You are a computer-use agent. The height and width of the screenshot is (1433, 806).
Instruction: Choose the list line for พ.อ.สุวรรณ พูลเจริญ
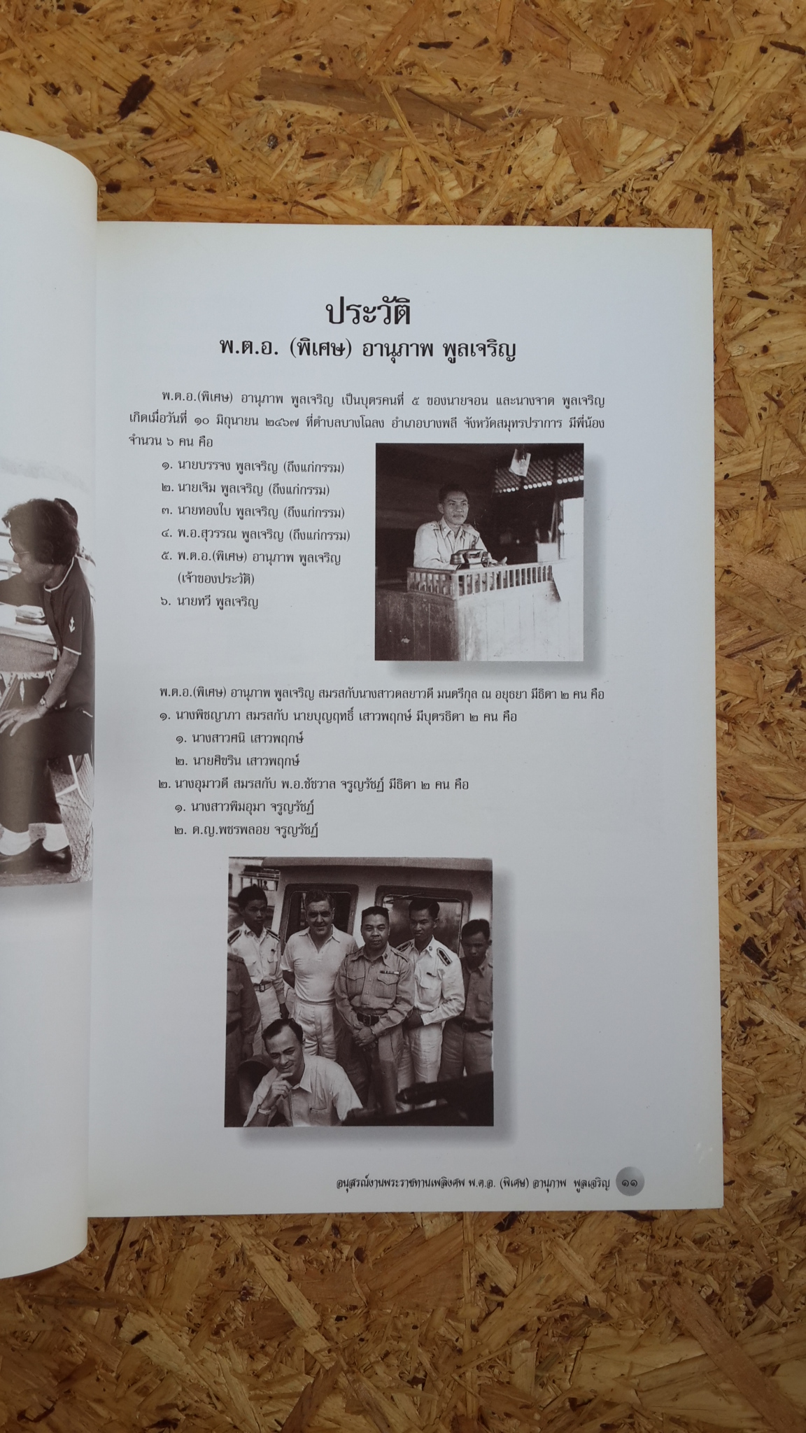[x=255, y=535]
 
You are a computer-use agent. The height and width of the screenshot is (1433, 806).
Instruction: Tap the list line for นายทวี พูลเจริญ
[x=209, y=601]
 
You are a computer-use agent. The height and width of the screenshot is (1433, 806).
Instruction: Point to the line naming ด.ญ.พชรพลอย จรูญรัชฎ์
[x=251, y=830]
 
